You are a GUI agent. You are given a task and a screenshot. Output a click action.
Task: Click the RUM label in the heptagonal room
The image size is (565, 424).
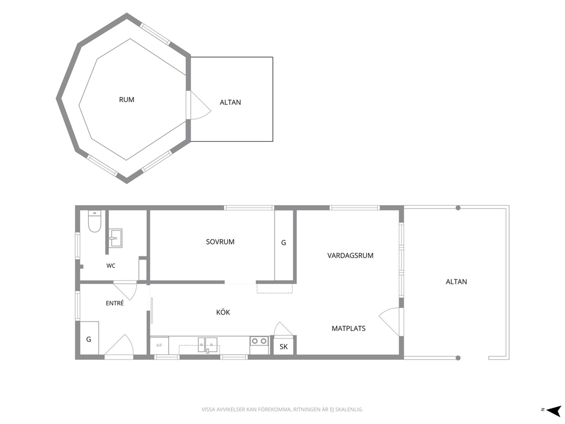pyautogui.click(x=126, y=100)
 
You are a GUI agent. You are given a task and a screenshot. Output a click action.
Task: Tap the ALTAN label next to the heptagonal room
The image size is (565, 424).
pyautogui.click(x=230, y=103)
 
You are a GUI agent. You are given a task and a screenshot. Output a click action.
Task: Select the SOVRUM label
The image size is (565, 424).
pyautogui.click(x=220, y=242)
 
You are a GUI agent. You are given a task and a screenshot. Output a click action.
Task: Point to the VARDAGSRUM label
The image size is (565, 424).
pyautogui.click(x=350, y=256)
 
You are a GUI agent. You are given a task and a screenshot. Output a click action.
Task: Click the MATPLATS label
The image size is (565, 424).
pyautogui.click(x=349, y=328)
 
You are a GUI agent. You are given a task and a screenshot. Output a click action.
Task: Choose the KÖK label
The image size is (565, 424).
pyautogui.click(x=223, y=312)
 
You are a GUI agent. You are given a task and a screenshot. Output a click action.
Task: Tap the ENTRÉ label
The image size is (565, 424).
pyautogui.click(x=114, y=303)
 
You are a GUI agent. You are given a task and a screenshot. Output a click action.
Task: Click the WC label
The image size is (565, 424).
pyautogui.click(x=110, y=266)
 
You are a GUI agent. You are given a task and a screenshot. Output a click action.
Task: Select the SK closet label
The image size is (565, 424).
pyautogui.click(x=284, y=347)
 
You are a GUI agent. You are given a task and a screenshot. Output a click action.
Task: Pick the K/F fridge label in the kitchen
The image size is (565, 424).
pyautogui.click(x=159, y=345)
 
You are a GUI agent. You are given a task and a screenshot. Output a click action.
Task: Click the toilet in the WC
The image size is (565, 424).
pyautogui.click(x=95, y=221)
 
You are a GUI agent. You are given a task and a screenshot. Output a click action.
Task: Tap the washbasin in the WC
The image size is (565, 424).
pyautogui.click(x=116, y=238)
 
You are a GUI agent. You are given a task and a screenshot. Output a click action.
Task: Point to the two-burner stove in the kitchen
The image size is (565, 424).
pyautogui.click(x=260, y=341)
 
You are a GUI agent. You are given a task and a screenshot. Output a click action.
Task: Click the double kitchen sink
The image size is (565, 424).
pyautogui.click(x=207, y=344)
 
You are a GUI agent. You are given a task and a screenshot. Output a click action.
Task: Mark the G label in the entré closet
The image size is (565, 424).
pyautogui.click(x=89, y=339)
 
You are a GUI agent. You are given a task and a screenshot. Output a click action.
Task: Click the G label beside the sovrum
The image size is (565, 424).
pyautogui.click(x=284, y=243)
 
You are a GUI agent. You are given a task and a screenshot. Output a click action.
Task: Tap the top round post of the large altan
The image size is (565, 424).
pyautogui.click(x=458, y=207)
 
